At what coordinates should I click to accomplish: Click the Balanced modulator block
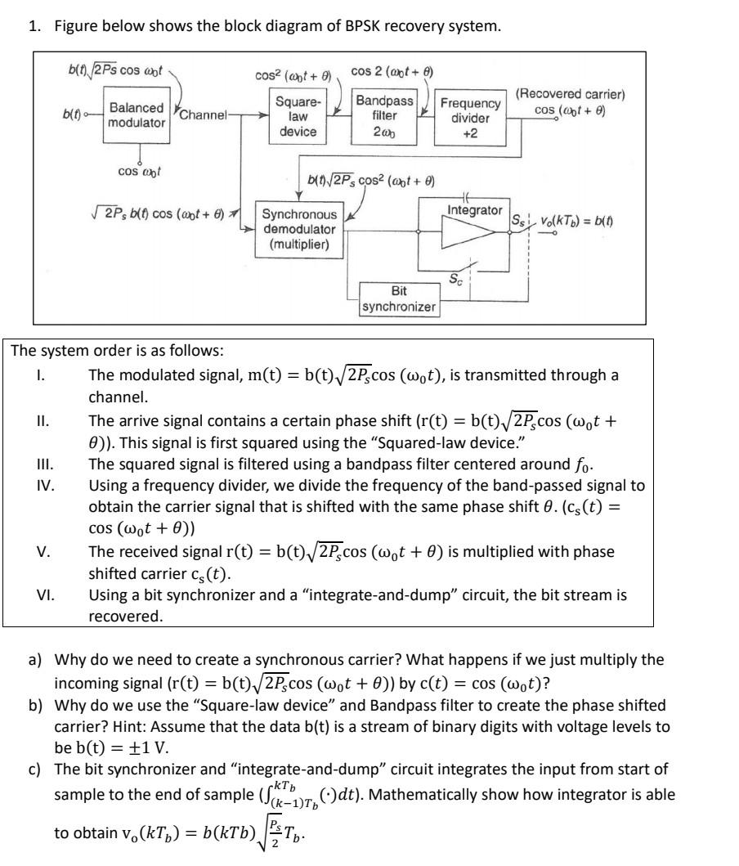tap(137, 114)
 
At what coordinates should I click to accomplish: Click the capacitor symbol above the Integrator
tap(467, 201)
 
